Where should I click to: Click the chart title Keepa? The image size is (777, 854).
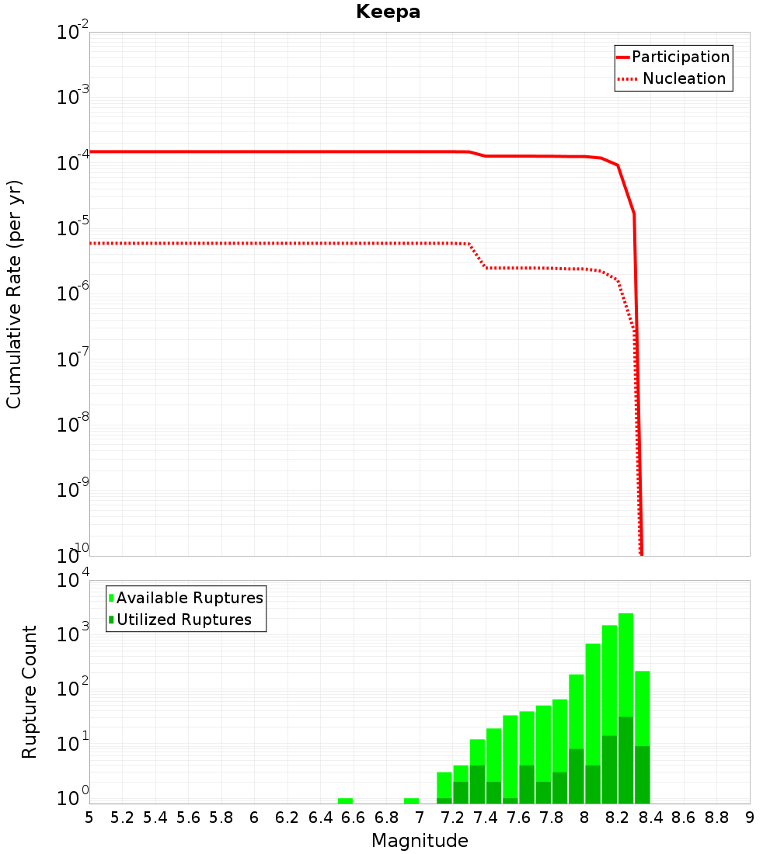(x=388, y=12)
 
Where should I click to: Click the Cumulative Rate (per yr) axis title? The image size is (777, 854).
(x=14, y=294)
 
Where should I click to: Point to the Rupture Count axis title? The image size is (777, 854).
(x=30, y=692)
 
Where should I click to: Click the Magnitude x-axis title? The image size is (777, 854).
(x=420, y=841)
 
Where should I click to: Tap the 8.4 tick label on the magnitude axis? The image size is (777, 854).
(x=650, y=818)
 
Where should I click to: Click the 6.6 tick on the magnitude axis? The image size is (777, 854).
(x=354, y=818)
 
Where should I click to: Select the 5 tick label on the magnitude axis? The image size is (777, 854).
(x=89, y=818)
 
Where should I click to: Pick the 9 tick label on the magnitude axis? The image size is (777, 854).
(x=750, y=818)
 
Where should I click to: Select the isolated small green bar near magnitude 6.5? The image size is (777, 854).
(x=345, y=800)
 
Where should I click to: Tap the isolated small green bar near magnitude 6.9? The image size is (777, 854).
(x=411, y=800)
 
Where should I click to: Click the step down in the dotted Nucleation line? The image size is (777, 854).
(x=478, y=255)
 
